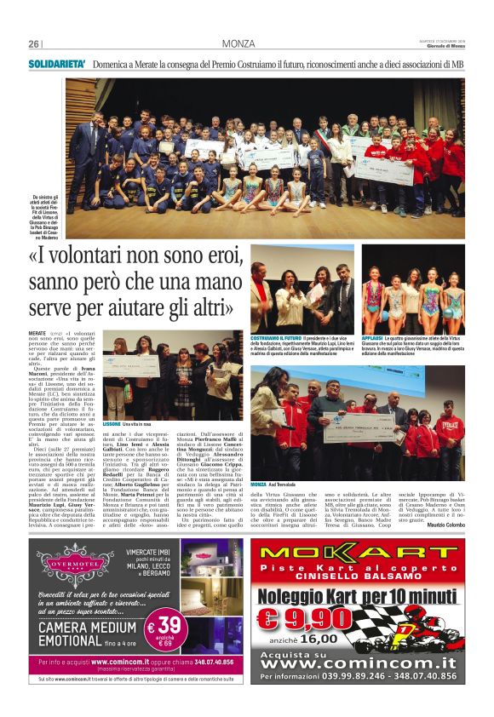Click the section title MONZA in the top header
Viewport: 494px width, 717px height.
click(238, 44)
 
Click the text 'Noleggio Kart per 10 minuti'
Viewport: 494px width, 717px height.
click(366, 593)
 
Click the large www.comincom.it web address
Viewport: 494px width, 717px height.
click(366, 663)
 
